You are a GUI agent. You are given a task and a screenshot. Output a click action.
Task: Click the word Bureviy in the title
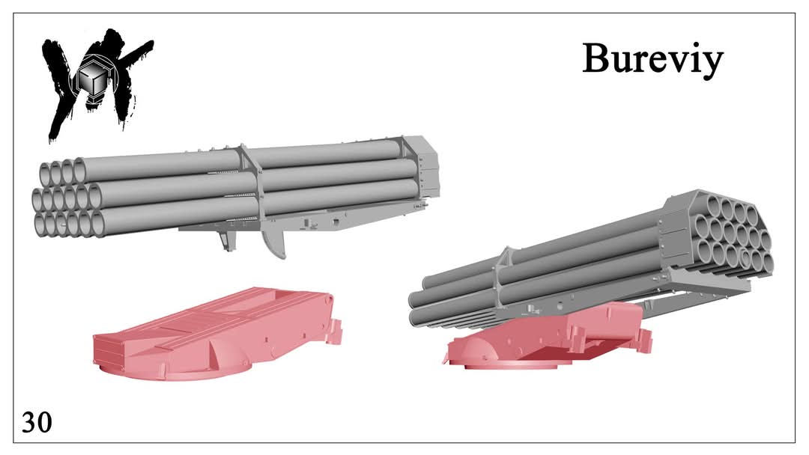point(652,61)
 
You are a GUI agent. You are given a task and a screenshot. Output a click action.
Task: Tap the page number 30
point(37,422)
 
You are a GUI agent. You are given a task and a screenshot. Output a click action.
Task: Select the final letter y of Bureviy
point(712,65)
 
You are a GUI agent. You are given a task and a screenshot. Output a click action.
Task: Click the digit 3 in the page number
point(29,422)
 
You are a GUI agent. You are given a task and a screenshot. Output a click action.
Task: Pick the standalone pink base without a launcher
point(217,333)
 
